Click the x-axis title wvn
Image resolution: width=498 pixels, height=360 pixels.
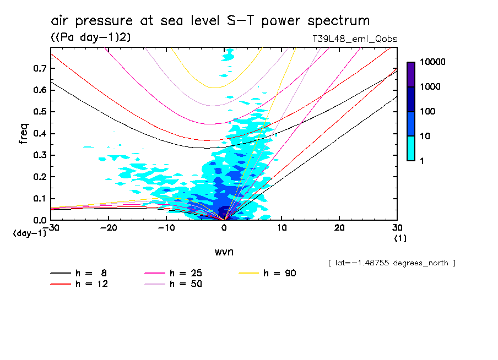tap(223, 252)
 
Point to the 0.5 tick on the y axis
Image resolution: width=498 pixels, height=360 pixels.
tap(40, 112)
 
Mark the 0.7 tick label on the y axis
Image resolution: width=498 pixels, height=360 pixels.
tap(40, 68)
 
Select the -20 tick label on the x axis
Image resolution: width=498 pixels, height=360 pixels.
tap(109, 228)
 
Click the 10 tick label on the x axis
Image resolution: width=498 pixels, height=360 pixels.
tap(282, 228)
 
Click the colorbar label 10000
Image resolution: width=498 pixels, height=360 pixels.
tap(432, 63)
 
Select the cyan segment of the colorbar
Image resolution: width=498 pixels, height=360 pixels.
tap(411, 148)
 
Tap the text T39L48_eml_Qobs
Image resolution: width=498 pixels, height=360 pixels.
tap(355, 39)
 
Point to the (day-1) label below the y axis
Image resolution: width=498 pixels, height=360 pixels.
tap(30, 233)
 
